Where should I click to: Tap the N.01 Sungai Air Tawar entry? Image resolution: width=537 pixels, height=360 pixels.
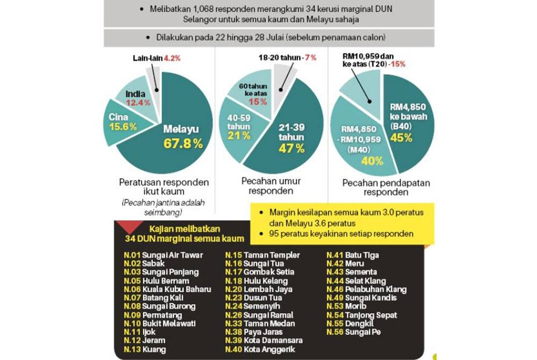point(159,255)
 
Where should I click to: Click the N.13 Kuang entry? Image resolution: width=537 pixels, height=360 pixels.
point(144,349)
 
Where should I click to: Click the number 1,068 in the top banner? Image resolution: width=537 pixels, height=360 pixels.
point(210,9)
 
